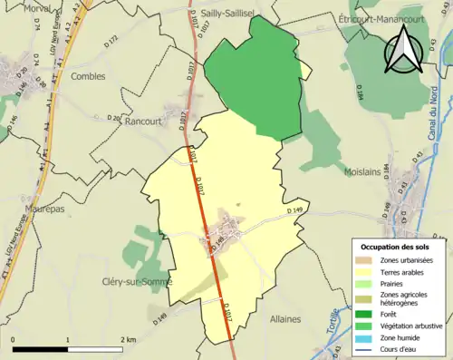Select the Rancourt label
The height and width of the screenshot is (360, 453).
pyautogui.click(x=144, y=121)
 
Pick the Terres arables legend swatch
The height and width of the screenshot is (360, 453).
pyautogui.click(x=363, y=272)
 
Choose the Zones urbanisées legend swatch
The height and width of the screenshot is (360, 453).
pyautogui.click(x=363, y=259)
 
